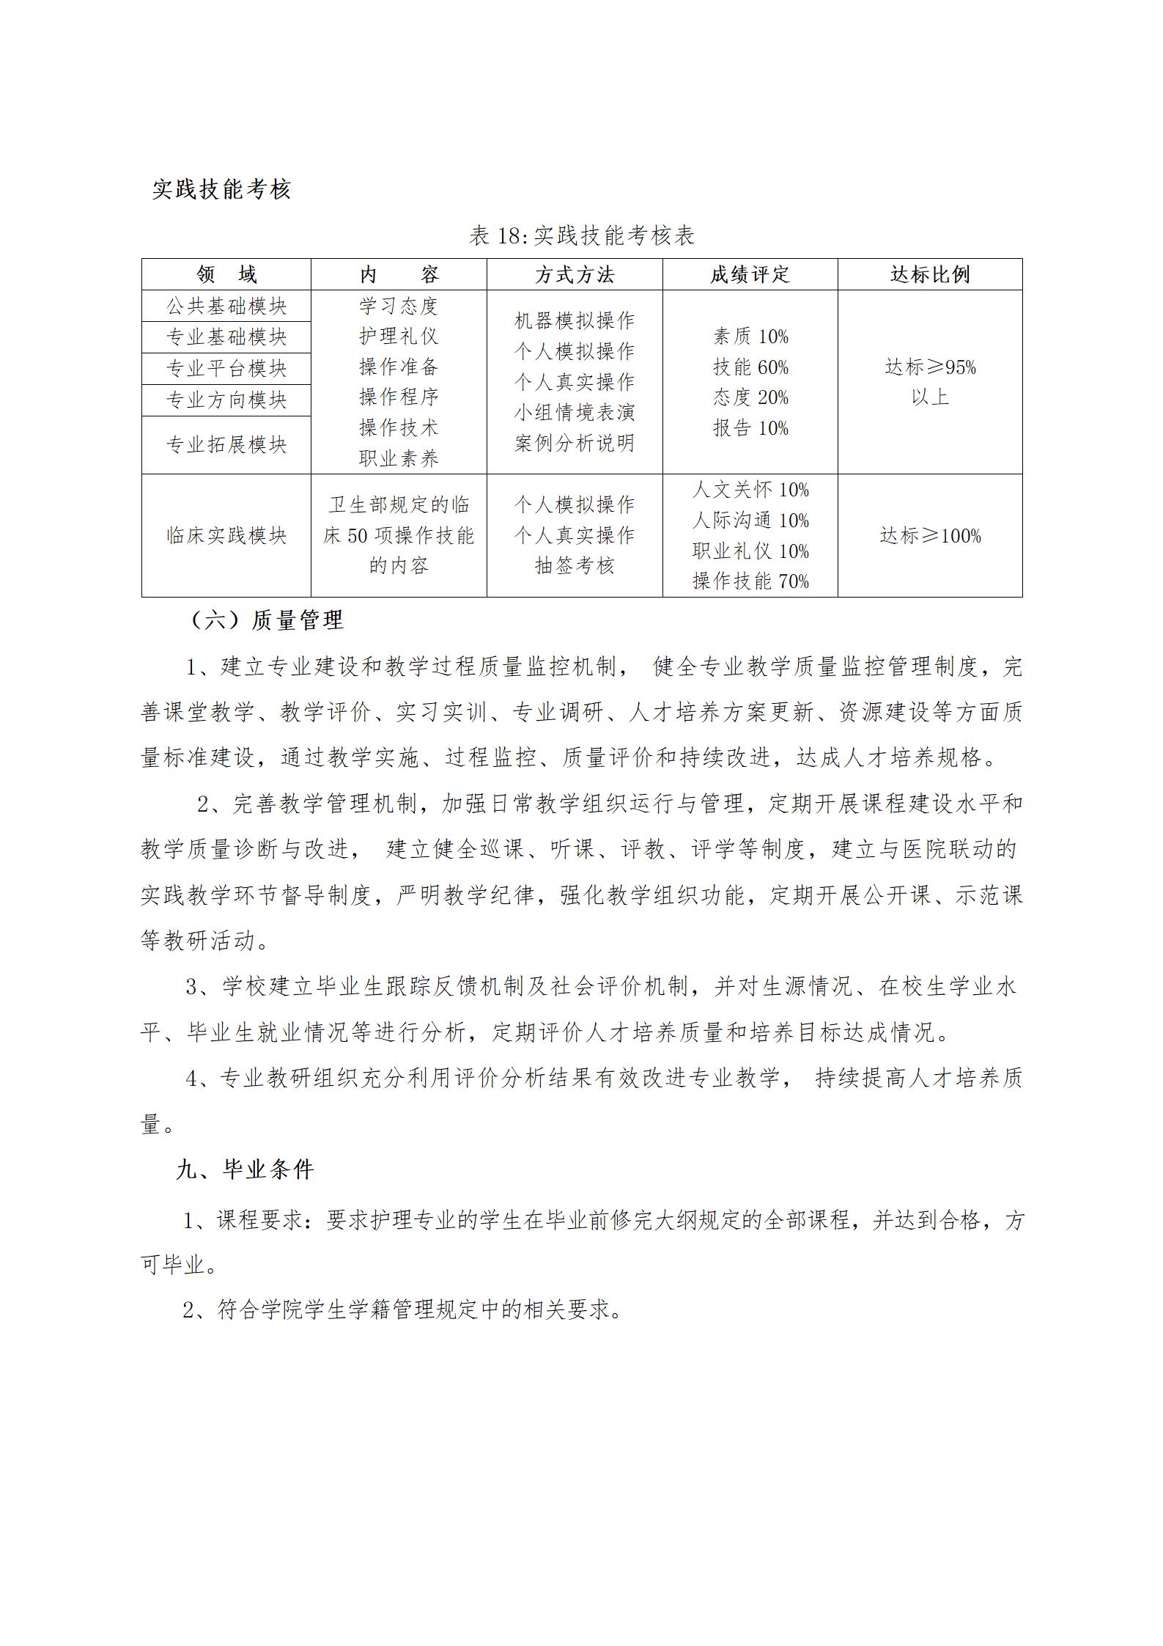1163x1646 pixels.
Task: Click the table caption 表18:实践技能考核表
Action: point(581,235)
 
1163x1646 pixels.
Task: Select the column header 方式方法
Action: point(575,274)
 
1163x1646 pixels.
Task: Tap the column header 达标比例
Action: point(930,274)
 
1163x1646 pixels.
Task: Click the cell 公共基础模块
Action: point(226,306)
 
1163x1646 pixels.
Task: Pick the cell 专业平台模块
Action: point(226,369)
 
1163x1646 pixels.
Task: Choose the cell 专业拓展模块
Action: point(226,445)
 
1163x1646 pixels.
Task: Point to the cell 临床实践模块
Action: point(226,536)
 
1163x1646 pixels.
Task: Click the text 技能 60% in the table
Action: point(750,367)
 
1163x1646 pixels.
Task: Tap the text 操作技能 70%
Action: point(750,581)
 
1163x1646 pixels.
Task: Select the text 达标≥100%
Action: point(930,536)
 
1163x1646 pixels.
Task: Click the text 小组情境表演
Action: point(575,413)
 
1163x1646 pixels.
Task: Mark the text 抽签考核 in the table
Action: point(575,566)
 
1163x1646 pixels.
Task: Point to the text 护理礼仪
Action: point(399,337)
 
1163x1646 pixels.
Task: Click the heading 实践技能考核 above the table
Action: point(221,189)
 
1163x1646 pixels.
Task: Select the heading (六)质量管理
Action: point(266,620)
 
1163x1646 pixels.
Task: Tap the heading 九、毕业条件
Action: point(245,1169)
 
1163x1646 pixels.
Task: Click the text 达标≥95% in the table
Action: point(930,367)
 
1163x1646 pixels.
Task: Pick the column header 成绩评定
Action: point(750,274)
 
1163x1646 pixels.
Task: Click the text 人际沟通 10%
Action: point(750,521)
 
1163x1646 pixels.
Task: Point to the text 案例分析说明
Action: point(575,444)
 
